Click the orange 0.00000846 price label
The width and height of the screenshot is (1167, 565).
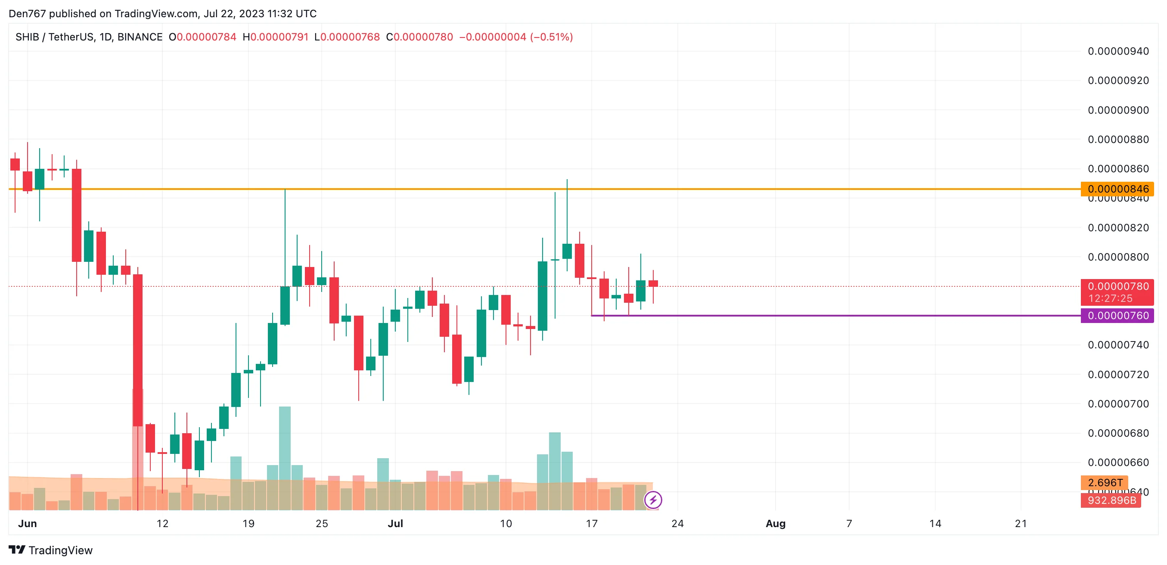(x=1117, y=189)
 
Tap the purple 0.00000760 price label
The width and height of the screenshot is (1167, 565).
(x=1117, y=315)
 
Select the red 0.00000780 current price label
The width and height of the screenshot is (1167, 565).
(x=1117, y=286)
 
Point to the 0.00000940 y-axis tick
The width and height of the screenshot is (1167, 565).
(x=1117, y=51)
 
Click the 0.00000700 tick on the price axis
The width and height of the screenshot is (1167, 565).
(x=1117, y=404)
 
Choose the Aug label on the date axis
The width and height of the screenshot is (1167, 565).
(x=775, y=523)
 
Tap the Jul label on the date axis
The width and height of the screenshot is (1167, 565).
(x=395, y=523)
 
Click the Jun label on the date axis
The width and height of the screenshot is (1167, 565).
(x=27, y=523)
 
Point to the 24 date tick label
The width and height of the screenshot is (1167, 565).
(x=677, y=523)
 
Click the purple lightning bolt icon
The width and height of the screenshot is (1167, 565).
(x=653, y=500)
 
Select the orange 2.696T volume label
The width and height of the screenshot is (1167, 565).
(x=1105, y=483)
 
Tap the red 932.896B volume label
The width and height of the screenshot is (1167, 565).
(x=1111, y=500)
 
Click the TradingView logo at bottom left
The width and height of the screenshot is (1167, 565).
(x=51, y=550)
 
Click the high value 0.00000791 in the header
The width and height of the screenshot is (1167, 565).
(x=279, y=37)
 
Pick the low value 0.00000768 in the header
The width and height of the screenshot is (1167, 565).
(x=350, y=37)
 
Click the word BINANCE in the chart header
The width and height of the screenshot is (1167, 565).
(x=140, y=37)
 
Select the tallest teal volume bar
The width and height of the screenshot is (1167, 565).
(x=285, y=458)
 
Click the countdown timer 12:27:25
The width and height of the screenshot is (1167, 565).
(x=1110, y=298)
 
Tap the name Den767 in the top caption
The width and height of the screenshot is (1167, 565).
(x=27, y=14)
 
